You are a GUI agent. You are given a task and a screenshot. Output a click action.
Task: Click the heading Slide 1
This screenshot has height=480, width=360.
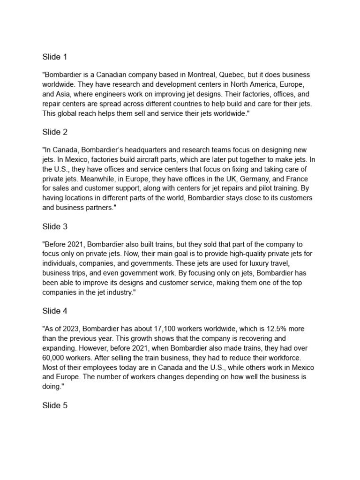(x=55, y=57)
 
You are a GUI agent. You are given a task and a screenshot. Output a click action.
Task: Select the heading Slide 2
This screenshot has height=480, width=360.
(x=55, y=133)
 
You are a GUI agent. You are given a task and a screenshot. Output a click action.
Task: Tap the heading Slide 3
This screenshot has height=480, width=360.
(x=55, y=227)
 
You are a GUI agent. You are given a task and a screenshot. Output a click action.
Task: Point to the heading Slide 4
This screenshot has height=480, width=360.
(x=55, y=311)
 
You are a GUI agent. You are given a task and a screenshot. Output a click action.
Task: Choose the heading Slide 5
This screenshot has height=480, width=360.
(x=55, y=405)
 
